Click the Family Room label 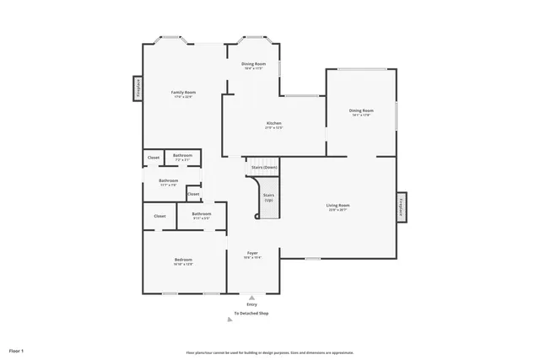[183, 92]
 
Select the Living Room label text [338, 205]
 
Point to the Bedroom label [183, 260]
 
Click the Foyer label [252, 253]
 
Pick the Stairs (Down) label [264, 167]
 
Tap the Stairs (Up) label [268, 197]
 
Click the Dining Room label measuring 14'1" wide [361, 110]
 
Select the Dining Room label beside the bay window [253, 64]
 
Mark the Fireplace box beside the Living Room [402, 207]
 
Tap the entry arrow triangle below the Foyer [251, 296]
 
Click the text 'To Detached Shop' [251, 314]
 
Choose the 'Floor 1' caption [17, 349]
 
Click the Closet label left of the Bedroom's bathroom [159, 217]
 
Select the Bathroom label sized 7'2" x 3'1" [183, 156]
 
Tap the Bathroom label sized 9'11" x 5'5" [201, 214]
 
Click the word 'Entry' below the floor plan [251, 304]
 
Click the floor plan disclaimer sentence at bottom [269, 352]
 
